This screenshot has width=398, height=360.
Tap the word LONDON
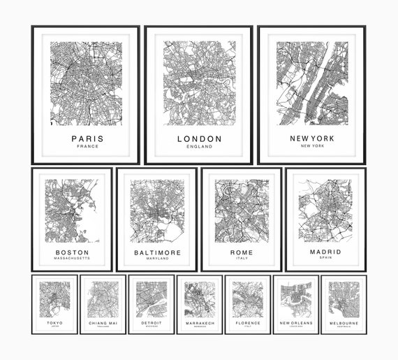[x=200, y=138]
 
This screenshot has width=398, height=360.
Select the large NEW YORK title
[x=312, y=138]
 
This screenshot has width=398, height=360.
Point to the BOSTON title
[x=72, y=252]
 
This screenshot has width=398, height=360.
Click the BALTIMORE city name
[x=157, y=252]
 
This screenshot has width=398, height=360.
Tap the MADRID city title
[x=325, y=252]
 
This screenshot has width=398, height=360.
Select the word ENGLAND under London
[x=200, y=147]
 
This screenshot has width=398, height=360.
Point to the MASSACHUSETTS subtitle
[x=72, y=259]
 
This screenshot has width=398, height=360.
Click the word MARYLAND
[x=157, y=259]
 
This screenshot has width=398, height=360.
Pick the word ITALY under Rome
[x=242, y=259]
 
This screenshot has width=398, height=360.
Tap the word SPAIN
[x=325, y=259]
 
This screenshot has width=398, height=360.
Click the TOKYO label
[x=54, y=322]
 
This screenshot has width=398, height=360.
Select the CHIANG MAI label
[x=103, y=323]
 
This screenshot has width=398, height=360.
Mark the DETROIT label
[x=151, y=323]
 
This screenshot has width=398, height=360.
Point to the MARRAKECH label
[x=199, y=323]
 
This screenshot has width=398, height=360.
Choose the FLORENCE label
[x=247, y=323]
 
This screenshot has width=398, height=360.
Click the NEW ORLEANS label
[x=295, y=323]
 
